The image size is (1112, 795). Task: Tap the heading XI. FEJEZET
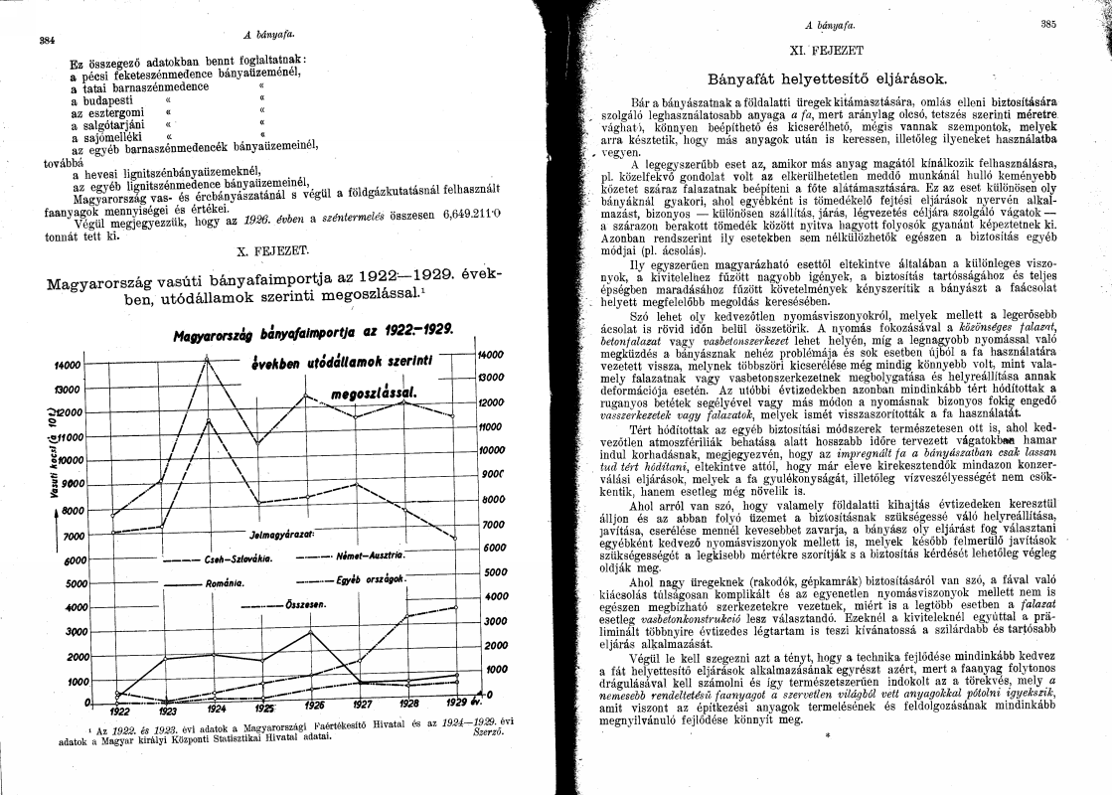tap(836, 48)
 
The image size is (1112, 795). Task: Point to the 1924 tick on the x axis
tap(217, 710)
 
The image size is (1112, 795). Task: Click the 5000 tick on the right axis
tap(494, 571)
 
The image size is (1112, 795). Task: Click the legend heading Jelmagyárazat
tap(282, 534)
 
